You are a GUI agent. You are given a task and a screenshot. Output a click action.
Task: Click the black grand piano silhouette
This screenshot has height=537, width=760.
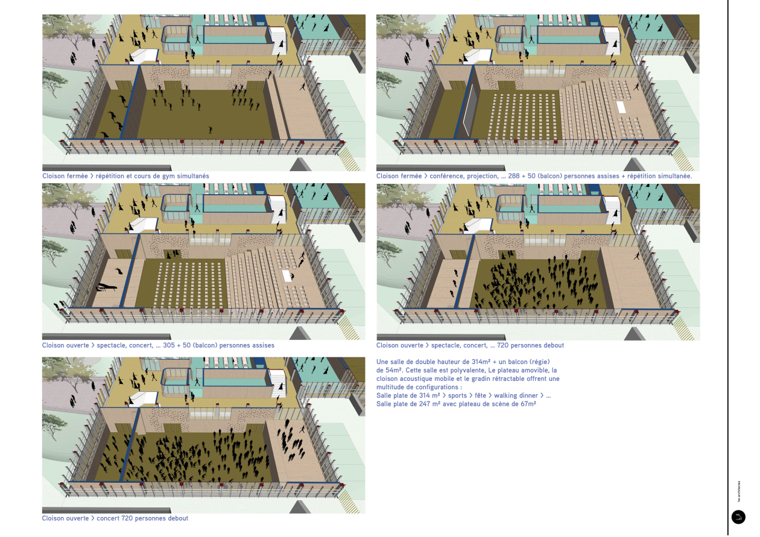pos(107,287)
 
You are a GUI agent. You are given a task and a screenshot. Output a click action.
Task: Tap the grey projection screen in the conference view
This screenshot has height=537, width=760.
pos(469,110)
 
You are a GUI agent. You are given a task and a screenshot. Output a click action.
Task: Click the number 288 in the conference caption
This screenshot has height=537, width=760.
pos(514,176)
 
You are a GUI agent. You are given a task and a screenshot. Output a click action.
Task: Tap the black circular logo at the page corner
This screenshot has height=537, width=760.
pos(738,517)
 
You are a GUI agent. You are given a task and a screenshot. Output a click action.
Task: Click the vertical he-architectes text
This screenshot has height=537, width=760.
pos(739,491)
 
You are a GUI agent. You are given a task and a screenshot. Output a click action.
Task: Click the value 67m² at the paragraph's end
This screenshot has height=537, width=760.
pos(528,404)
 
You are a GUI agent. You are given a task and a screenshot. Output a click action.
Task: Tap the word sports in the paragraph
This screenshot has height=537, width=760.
pos(457,395)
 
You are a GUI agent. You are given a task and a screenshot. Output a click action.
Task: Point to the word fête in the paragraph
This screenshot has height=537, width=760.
pos(480,395)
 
